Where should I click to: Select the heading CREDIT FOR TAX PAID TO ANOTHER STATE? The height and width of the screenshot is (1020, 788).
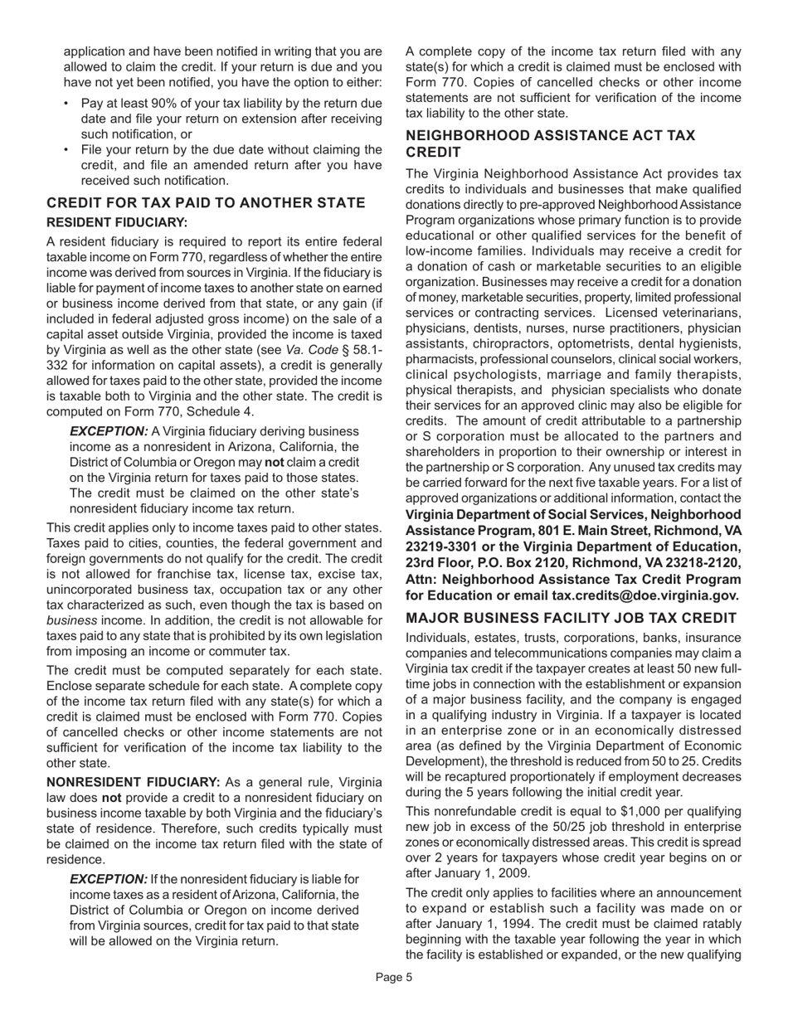pyautogui.click(x=206, y=203)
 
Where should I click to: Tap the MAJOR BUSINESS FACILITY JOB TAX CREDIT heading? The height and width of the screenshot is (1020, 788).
pyautogui.click(x=571, y=618)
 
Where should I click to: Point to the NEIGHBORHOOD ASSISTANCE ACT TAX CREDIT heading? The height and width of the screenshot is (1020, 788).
pyautogui.click(x=550, y=143)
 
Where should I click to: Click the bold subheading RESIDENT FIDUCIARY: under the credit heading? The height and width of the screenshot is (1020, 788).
pyautogui.click(x=116, y=222)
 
